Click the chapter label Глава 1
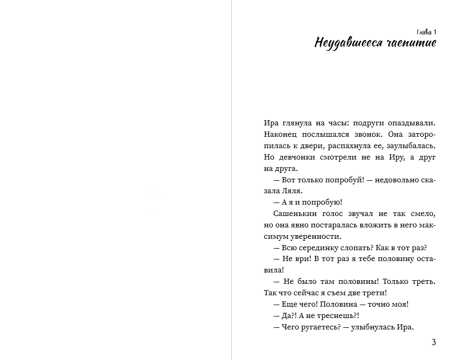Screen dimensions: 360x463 click(x=426, y=32)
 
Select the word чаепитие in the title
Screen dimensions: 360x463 click(x=411, y=43)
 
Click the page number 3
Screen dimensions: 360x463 click(x=433, y=342)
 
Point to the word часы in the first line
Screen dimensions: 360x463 click(x=328, y=123)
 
